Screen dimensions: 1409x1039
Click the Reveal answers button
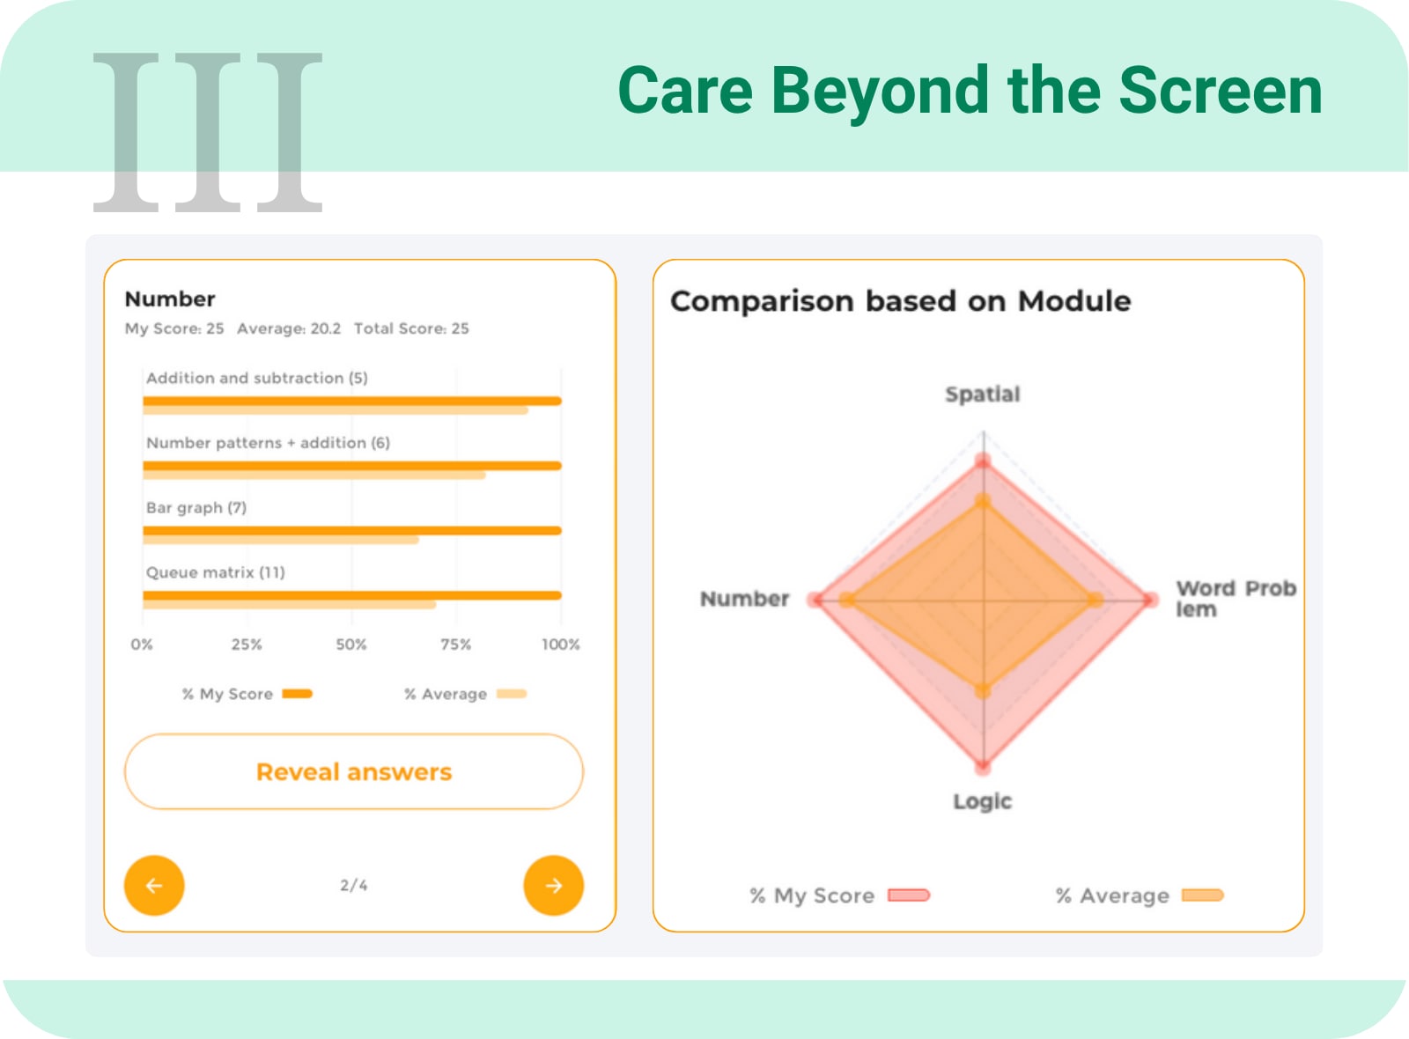(353, 771)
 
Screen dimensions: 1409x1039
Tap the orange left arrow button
(154, 886)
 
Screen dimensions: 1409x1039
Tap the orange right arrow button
(554, 886)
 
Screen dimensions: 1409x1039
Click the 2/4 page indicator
(354, 886)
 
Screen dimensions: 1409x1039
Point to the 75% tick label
(455, 645)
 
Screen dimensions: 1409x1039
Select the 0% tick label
(142, 645)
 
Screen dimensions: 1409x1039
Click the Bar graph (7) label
(196, 507)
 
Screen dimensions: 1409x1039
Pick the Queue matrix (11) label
(215, 572)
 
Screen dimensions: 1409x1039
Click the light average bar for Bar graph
(281, 540)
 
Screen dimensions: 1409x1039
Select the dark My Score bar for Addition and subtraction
(352, 401)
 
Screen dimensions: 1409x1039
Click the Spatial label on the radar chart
(983, 394)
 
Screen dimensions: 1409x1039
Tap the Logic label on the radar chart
(983, 801)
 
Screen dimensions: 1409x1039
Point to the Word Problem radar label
(1236, 599)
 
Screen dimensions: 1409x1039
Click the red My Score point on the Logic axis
(983, 767)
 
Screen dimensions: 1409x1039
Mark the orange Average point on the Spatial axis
(983, 502)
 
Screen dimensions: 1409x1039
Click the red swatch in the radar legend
(908, 895)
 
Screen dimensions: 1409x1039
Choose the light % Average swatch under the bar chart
(512, 694)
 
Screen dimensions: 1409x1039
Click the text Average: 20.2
(289, 328)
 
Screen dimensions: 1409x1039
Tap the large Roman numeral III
(208, 132)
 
